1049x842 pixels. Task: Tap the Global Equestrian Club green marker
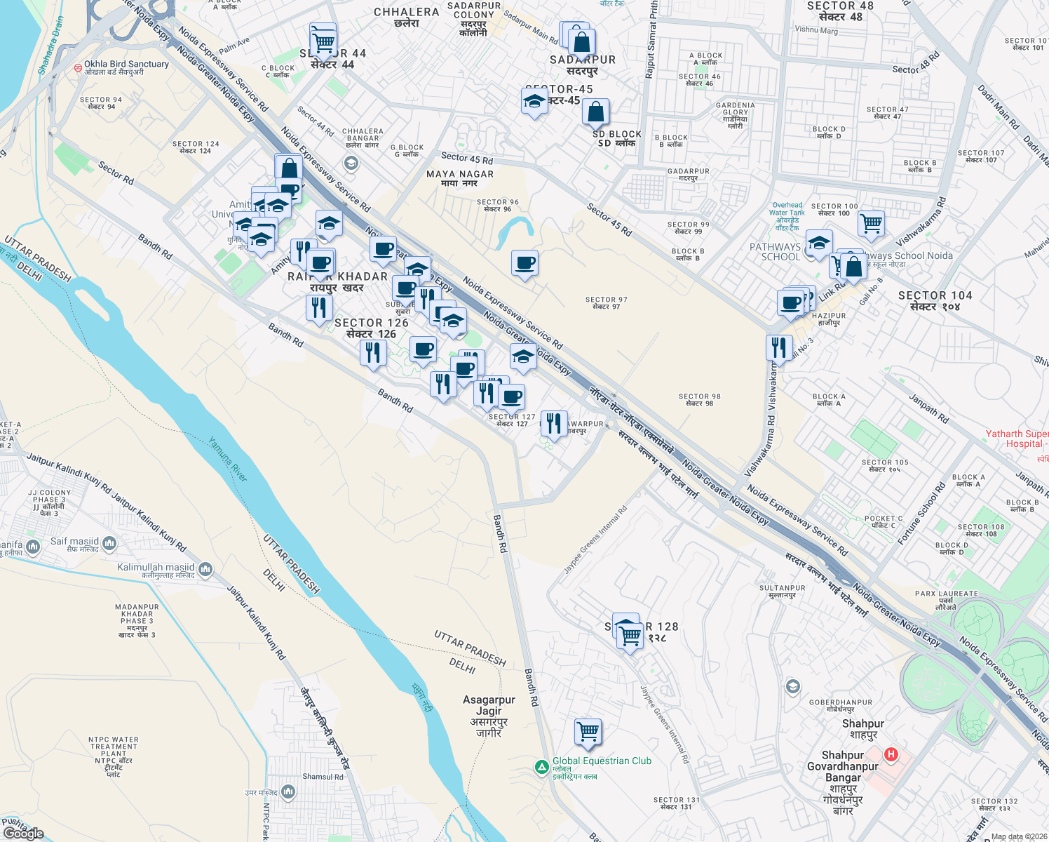(x=541, y=768)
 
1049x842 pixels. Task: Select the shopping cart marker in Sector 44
(x=323, y=43)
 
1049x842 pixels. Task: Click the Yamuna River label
(x=228, y=460)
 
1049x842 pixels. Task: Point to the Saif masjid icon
(x=109, y=543)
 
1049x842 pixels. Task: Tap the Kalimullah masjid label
(x=156, y=568)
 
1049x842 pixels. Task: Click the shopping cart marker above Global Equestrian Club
(x=588, y=733)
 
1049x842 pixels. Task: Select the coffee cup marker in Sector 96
(x=524, y=264)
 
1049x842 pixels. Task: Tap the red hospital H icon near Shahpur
(x=891, y=755)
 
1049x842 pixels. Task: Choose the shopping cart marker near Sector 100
(x=870, y=224)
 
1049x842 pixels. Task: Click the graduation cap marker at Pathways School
(x=818, y=243)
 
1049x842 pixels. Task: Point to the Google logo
(x=23, y=833)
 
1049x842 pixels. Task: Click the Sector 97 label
(x=606, y=303)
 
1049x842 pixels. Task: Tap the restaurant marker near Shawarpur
(x=554, y=423)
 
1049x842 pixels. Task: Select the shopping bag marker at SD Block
(x=595, y=112)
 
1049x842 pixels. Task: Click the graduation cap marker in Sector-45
(x=534, y=102)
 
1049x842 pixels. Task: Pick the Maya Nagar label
(x=460, y=178)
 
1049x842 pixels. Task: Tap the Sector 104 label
(x=935, y=301)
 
